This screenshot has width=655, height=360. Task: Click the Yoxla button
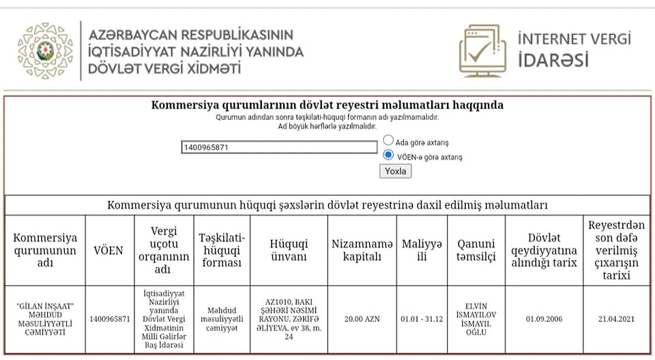click(395, 171)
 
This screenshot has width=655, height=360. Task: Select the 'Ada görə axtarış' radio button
click(388, 140)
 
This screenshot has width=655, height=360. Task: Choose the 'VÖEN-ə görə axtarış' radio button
click(388, 155)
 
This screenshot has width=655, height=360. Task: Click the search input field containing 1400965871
click(279, 147)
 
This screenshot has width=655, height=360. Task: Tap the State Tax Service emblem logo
click(45, 50)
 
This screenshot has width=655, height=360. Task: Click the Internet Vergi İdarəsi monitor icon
click(482, 50)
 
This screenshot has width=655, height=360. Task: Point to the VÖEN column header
click(108, 250)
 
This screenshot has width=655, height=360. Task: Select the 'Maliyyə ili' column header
click(422, 250)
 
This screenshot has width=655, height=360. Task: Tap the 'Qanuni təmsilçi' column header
click(476, 250)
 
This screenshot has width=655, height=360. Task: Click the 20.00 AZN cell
click(361, 318)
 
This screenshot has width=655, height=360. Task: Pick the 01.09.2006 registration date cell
click(544, 318)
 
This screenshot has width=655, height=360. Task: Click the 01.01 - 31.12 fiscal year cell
click(422, 318)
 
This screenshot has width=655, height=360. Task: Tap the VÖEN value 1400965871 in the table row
click(108, 318)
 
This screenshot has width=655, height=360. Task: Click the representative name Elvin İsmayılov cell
click(476, 318)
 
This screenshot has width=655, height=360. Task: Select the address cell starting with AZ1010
click(289, 318)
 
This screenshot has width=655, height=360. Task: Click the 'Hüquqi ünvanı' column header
click(289, 250)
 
